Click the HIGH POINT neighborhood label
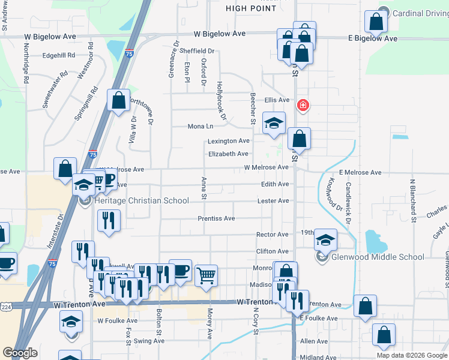pyautogui.click(x=250, y=8)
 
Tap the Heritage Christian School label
pyautogui.click(x=142, y=200)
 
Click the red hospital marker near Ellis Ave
pyautogui.click(x=303, y=106)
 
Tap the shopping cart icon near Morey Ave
pyautogui.click(x=206, y=276)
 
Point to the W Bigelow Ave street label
pyautogui.click(x=220, y=35)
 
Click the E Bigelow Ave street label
pyautogui.click(x=373, y=38)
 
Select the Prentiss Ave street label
pyautogui.click(x=216, y=218)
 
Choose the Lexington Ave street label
pyautogui.click(x=229, y=141)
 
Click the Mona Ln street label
pyautogui.click(x=200, y=127)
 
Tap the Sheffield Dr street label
pyautogui.click(x=197, y=52)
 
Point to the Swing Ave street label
pyautogui.click(x=149, y=341)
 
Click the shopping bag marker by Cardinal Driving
pyautogui.click(x=376, y=22)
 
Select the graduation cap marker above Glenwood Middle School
pyautogui.click(x=325, y=240)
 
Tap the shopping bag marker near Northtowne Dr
pyautogui.click(x=118, y=100)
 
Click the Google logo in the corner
pyautogui.click(x=20, y=353)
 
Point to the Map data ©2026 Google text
pyautogui.click(x=412, y=355)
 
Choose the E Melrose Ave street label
pyautogui.click(x=360, y=172)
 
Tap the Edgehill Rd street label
pyautogui.click(x=59, y=55)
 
